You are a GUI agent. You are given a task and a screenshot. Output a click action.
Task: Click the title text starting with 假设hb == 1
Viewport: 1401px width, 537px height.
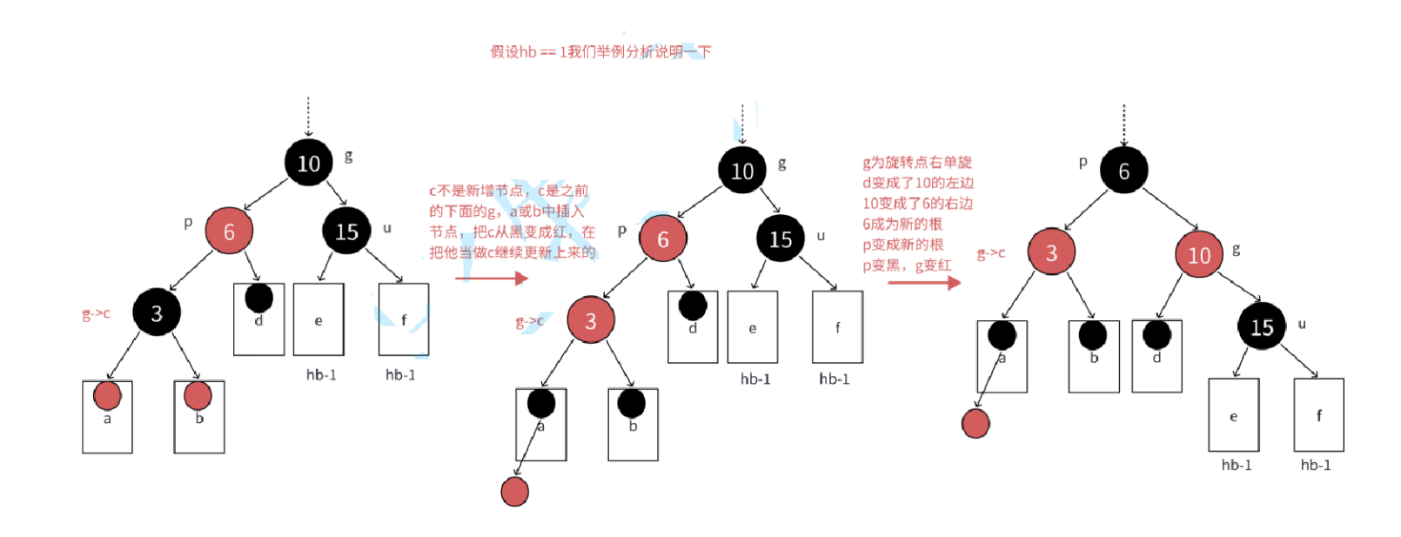(x=600, y=52)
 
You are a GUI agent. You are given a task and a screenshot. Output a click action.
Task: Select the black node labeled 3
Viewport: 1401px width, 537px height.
(x=157, y=312)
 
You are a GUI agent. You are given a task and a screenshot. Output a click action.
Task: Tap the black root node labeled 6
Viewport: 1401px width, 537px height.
(x=1123, y=171)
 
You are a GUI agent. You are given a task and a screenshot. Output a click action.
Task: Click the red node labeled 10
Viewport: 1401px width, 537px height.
(x=1198, y=254)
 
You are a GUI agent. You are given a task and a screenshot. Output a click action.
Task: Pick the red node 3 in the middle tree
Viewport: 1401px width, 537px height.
(x=591, y=320)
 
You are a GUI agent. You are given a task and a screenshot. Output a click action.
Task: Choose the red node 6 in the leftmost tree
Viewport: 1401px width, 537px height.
(x=229, y=231)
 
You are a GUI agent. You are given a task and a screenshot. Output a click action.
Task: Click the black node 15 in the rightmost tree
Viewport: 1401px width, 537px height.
(x=1261, y=326)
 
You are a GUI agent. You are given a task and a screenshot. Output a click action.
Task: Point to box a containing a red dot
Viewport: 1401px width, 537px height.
(x=107, y=416)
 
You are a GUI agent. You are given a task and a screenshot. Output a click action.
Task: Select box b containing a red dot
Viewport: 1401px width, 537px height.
(x=199, y=416)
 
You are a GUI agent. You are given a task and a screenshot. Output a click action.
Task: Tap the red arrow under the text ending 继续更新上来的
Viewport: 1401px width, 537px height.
(x=492, y=279)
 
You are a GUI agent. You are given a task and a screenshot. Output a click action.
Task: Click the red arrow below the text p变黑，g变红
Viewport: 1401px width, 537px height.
(x=924, y=282)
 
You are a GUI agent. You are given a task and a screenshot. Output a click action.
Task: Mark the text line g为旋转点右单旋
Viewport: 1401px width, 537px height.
(x=917, y=163)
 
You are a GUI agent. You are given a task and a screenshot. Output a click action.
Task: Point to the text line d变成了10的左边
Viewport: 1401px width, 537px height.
(x=918, y=183)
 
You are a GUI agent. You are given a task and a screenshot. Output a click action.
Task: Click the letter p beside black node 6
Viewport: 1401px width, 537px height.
(x=1083, y=162)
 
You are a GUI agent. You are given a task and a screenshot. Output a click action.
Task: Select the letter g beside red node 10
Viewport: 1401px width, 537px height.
(x=1236, y=250)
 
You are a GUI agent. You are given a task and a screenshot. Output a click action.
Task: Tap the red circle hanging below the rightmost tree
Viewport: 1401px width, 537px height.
(x=975, y=424)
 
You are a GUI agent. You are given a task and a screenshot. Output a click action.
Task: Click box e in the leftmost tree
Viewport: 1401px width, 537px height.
(x=318, y=319)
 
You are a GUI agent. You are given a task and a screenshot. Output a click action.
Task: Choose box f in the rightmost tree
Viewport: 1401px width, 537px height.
(x=1318, y=414)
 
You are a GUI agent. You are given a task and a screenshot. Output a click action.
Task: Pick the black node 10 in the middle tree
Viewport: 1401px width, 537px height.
(x=742, y=171)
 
